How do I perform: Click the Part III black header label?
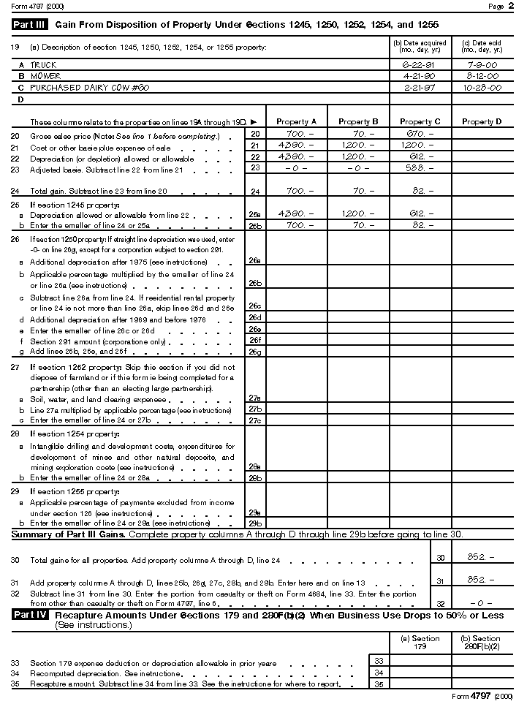point(29,25)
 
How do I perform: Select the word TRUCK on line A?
point(43,65)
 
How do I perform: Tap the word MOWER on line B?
point(45,76)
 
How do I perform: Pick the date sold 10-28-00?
point(482,87)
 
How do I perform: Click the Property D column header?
point(482,121)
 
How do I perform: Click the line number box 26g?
point(254,352)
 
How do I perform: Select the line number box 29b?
point(254,524)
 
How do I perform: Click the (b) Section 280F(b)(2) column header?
point(482,643)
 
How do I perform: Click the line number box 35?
point(378,684)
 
